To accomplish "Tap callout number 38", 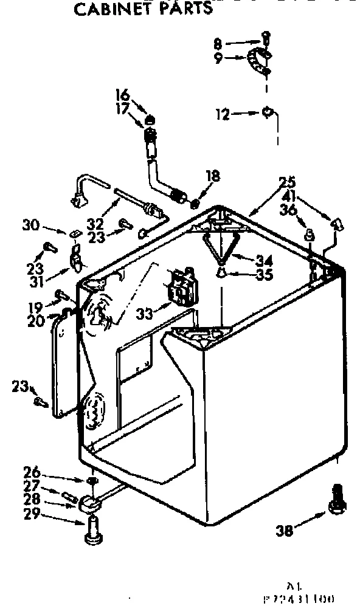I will pos(285,530).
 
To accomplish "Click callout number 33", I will pos(147,314).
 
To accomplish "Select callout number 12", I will pos(223,114).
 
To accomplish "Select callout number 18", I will pos(212,177).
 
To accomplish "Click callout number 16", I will pos(122,94).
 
